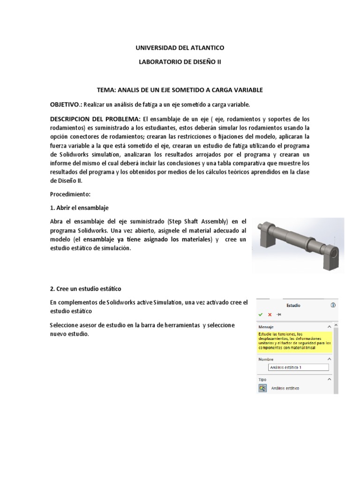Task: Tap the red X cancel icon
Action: click(x=270, y=314)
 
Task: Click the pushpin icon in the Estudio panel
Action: click(x=279, y=314)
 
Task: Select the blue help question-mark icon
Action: click(x=333, y=305)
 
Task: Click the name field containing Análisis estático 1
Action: click(x=298, y=367)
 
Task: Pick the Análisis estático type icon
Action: click(x=262, y=388)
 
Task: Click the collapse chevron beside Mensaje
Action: click(x=330, y=326)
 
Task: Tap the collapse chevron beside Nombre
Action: click(x=330, y=359)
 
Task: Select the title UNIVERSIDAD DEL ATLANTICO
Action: click(x=180, y=48)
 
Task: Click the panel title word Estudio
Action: click(x=293, y=305)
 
